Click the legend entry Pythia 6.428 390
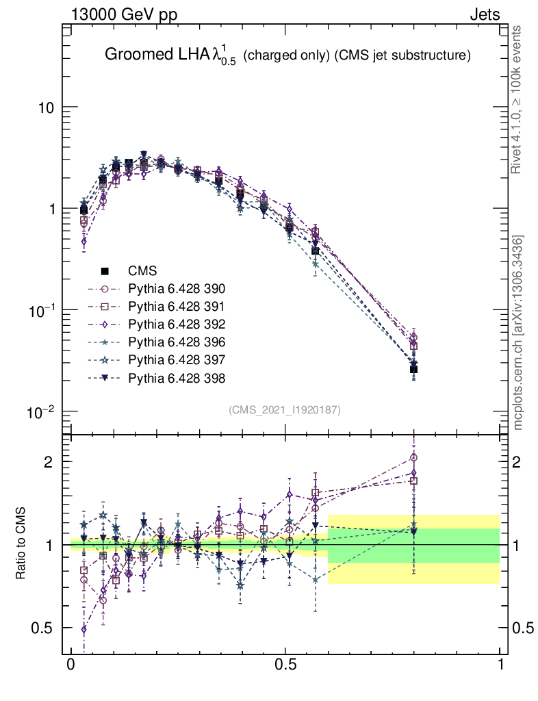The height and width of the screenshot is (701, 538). coord(177,288)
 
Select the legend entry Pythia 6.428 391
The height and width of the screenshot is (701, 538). coord(177,306)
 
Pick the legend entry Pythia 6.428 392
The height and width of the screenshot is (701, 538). coord(177,324)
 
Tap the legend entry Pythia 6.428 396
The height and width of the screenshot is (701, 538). coord(177,342)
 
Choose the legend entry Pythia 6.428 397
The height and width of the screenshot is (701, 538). coord(177,359)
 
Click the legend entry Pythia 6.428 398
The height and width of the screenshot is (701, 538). coord(177,377)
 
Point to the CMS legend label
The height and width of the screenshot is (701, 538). coord(142,270)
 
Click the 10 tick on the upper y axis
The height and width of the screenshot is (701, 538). coord(45,108)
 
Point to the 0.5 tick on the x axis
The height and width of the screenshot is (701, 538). coord(285,665)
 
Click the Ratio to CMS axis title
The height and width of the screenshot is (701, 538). coord(22,544)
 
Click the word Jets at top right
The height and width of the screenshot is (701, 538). coord(485,14)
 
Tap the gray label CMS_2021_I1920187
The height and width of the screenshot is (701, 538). coord(285,409)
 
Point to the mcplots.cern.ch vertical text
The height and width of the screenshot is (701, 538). coord(519,333)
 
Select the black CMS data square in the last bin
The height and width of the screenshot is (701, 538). coord(413,370)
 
